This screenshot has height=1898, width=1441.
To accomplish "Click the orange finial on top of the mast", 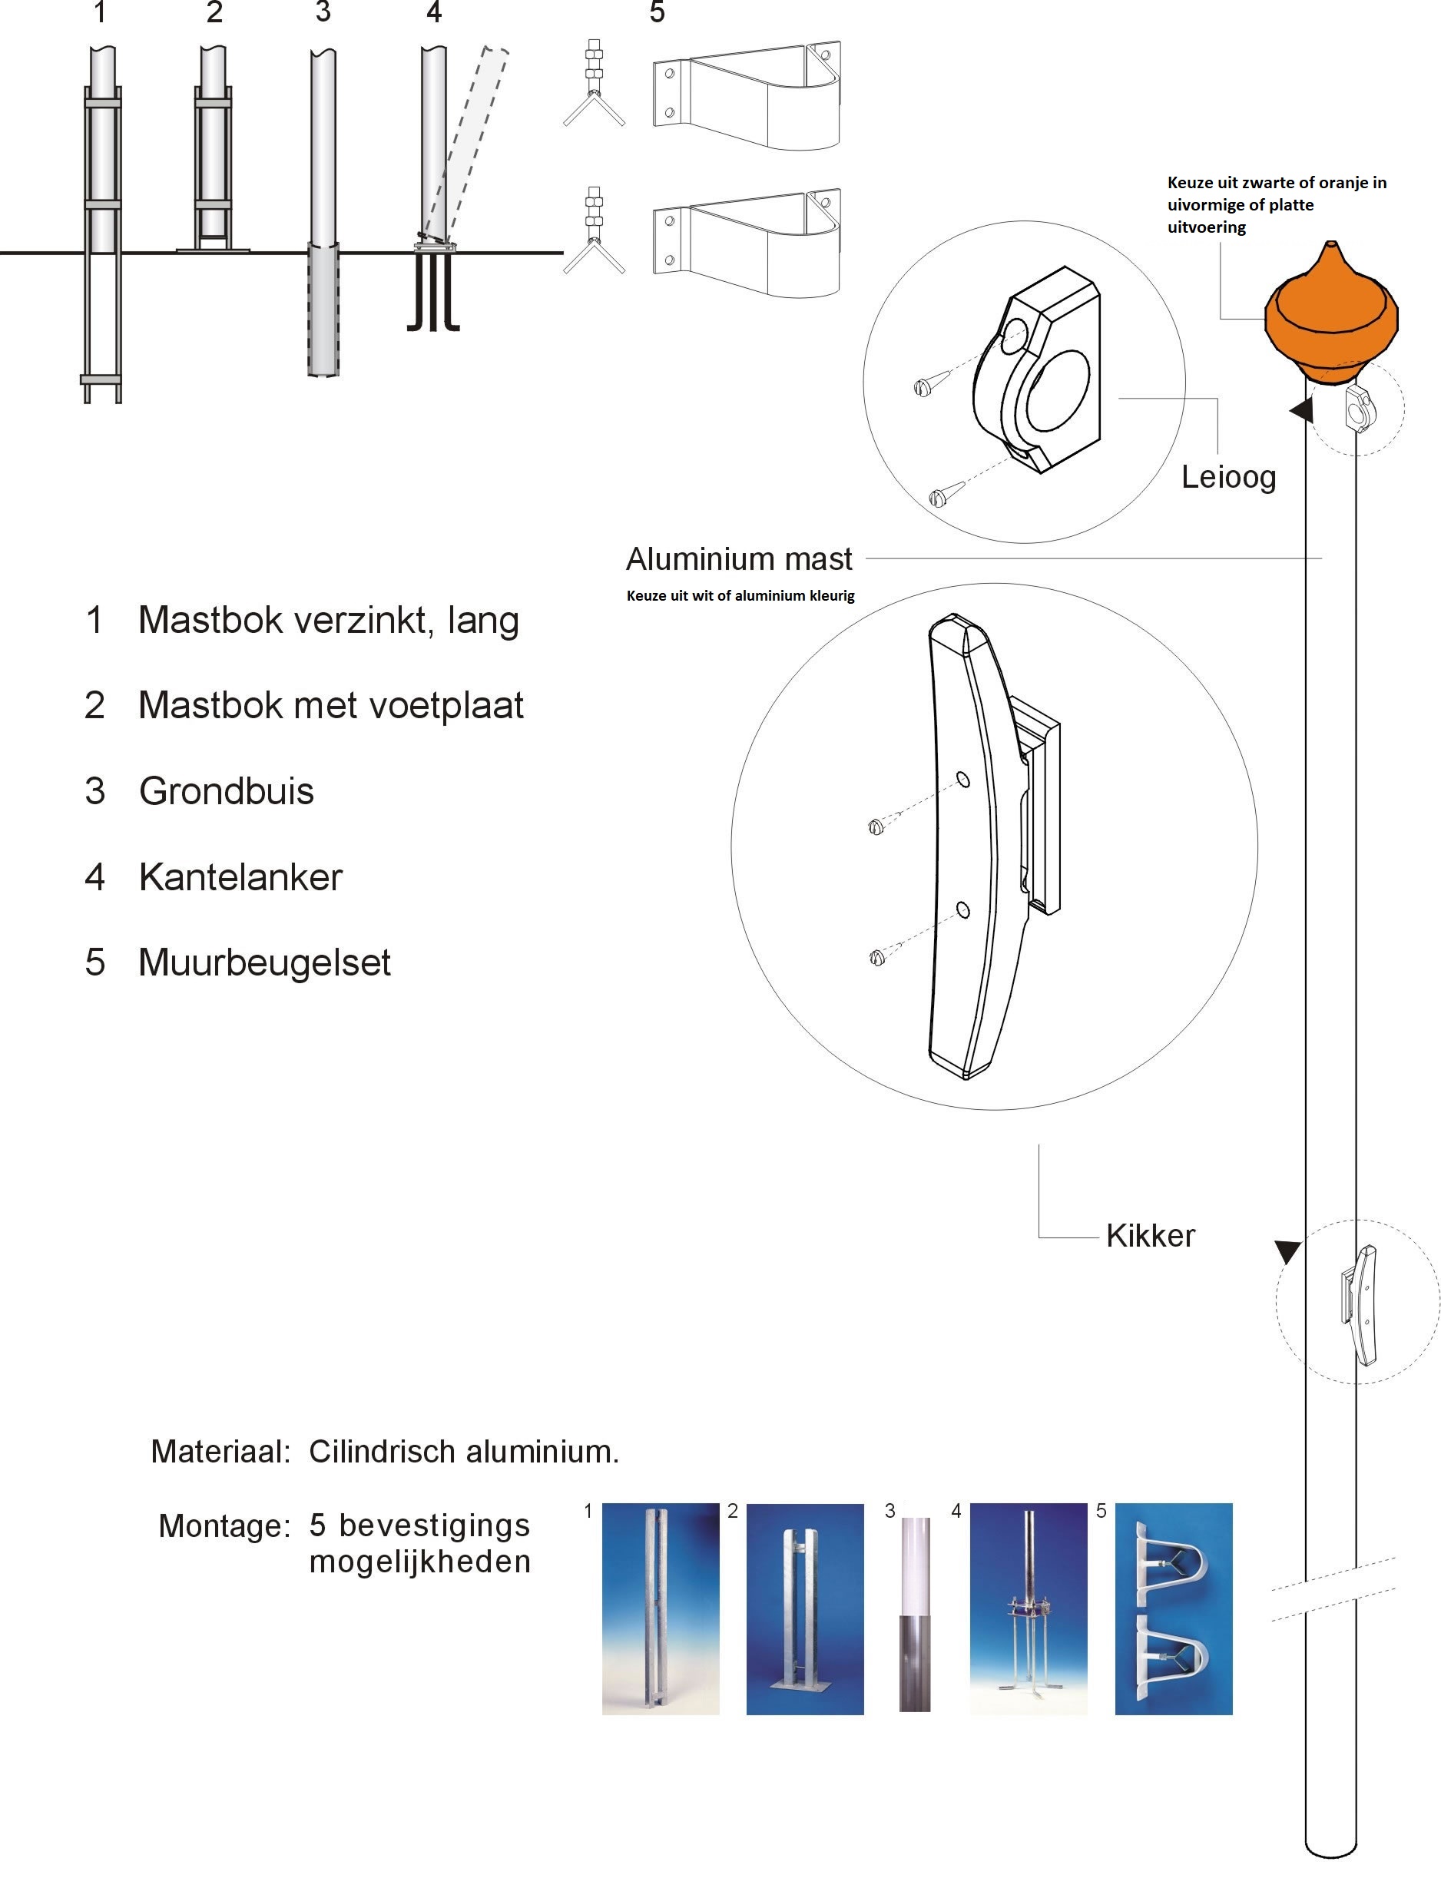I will click(1331, 316).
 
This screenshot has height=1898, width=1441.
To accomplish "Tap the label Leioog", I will click(1228, 477).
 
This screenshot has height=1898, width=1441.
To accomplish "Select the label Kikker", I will click(1150, 1236).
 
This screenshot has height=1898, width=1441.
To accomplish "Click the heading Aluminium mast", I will click(739, 558).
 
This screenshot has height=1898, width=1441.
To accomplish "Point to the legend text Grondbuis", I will click(227, 791).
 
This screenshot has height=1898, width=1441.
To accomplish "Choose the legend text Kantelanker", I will click(240, 877).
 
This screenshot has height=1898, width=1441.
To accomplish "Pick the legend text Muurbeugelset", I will click(264, 962).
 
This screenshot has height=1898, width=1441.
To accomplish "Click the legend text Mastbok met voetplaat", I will click(330, 705).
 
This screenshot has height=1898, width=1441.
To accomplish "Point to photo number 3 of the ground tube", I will click(915, 1613).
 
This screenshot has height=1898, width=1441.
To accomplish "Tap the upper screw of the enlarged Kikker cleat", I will click(876, 827).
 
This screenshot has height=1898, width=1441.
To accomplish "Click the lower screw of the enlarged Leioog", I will click(938, 496).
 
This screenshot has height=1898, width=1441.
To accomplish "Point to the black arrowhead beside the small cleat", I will click(1287, 1250).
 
